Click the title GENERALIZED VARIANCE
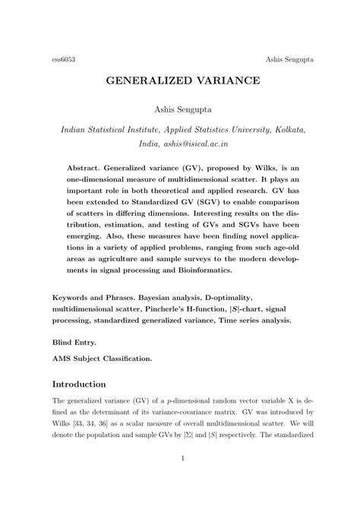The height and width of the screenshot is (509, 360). pos(180,80)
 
